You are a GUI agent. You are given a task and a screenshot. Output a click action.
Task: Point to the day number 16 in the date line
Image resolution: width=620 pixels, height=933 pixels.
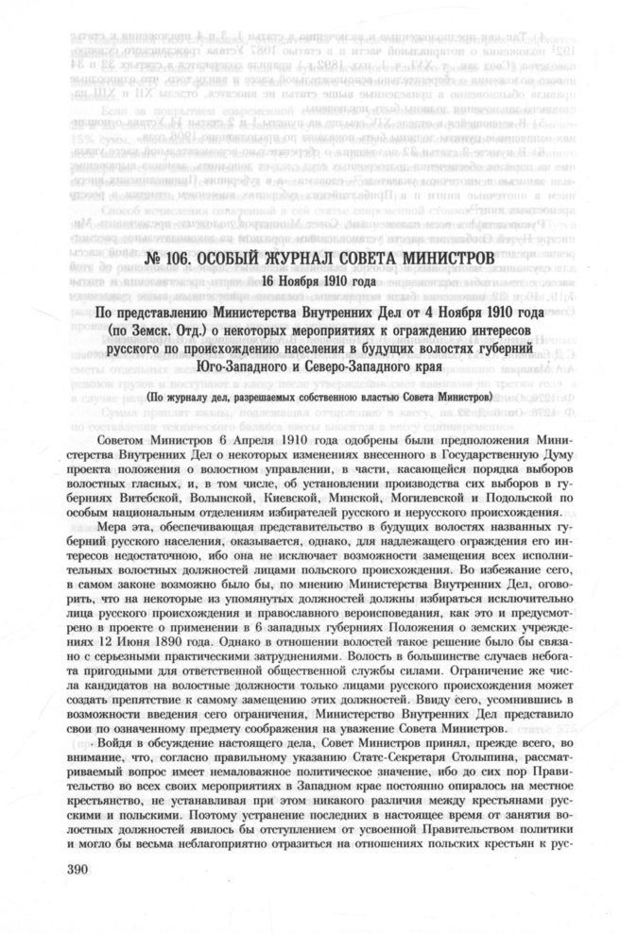[x=269, y=280]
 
